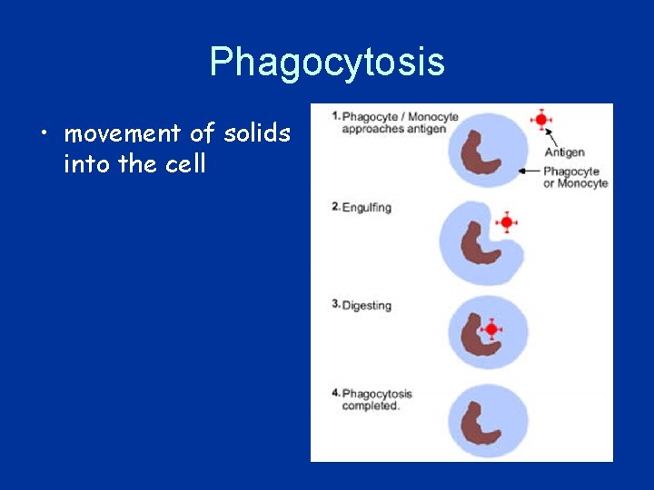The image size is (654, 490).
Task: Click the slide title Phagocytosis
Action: tap(327, 62)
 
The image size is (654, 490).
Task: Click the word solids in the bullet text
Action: tap(257, 134)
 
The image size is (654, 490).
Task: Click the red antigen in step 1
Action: tap(541, 120)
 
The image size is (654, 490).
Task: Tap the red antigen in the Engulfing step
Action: tap(507, 221)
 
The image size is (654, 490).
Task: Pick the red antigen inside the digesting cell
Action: tap(491, 329)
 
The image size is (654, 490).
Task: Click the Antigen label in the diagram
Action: tap(564, 152)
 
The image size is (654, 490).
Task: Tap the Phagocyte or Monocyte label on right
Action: tap(575, 177)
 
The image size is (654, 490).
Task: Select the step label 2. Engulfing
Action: tap(362, 208)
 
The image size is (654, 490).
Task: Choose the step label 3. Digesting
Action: tap(362, 306)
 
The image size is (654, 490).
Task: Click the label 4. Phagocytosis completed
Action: tap(372, 400)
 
